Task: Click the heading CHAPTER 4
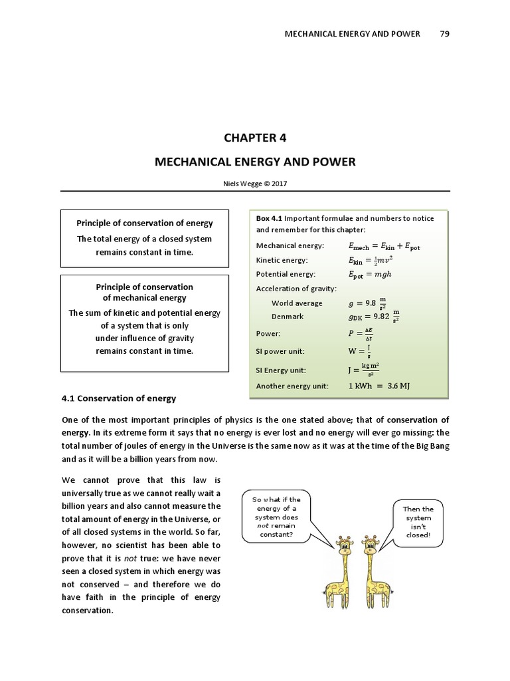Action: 255,138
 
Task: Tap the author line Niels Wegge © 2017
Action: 255,184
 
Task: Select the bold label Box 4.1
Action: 270,218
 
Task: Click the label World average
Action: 297,303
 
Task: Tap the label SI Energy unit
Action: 282,370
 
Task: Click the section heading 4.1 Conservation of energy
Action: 118,398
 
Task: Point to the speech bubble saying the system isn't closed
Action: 418,522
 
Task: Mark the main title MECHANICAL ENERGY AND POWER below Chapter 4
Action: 255,162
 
